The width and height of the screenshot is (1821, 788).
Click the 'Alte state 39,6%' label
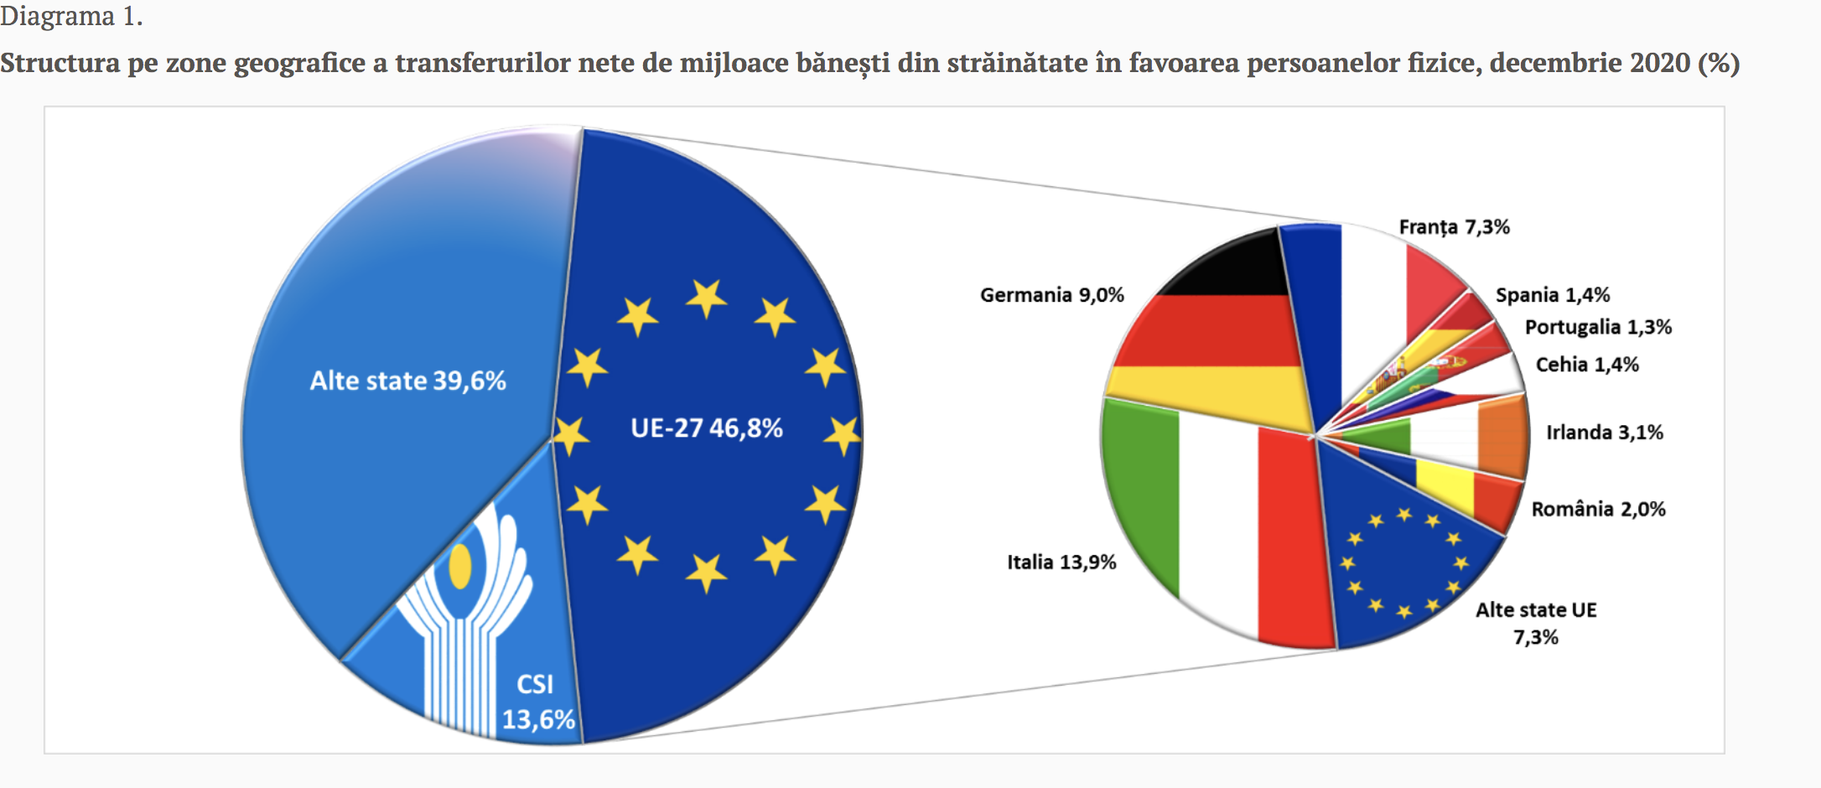click(x=407, y=381)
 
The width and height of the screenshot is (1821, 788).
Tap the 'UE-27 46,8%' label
click(x=706, y=428)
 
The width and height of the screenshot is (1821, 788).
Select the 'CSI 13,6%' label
click(x=537, y=702)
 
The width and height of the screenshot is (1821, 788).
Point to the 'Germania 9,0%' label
click(x=1051, y=295)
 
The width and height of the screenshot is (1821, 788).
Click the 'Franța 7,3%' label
click(x=1454, y=227)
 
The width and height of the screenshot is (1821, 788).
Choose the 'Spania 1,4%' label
click(x=1552, y=295)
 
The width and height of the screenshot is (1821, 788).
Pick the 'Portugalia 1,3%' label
click(x=1597, y=327)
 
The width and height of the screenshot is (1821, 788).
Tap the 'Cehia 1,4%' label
click(x=1586, y=365)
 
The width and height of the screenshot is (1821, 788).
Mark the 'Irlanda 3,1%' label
click(x=1604, y=433)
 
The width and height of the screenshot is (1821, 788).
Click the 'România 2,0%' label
click(x=1597, y=509)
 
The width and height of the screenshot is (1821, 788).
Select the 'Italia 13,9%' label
click(x=1061, y=562)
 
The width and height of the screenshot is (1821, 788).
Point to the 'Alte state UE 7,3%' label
click(x=1535, y=623)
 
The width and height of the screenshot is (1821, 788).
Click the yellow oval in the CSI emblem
click(x=459, y=567)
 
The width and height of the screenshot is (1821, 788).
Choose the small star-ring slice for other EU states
click(x=1404, y=562)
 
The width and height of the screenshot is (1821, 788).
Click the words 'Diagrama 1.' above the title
click(x=71, y=16)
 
